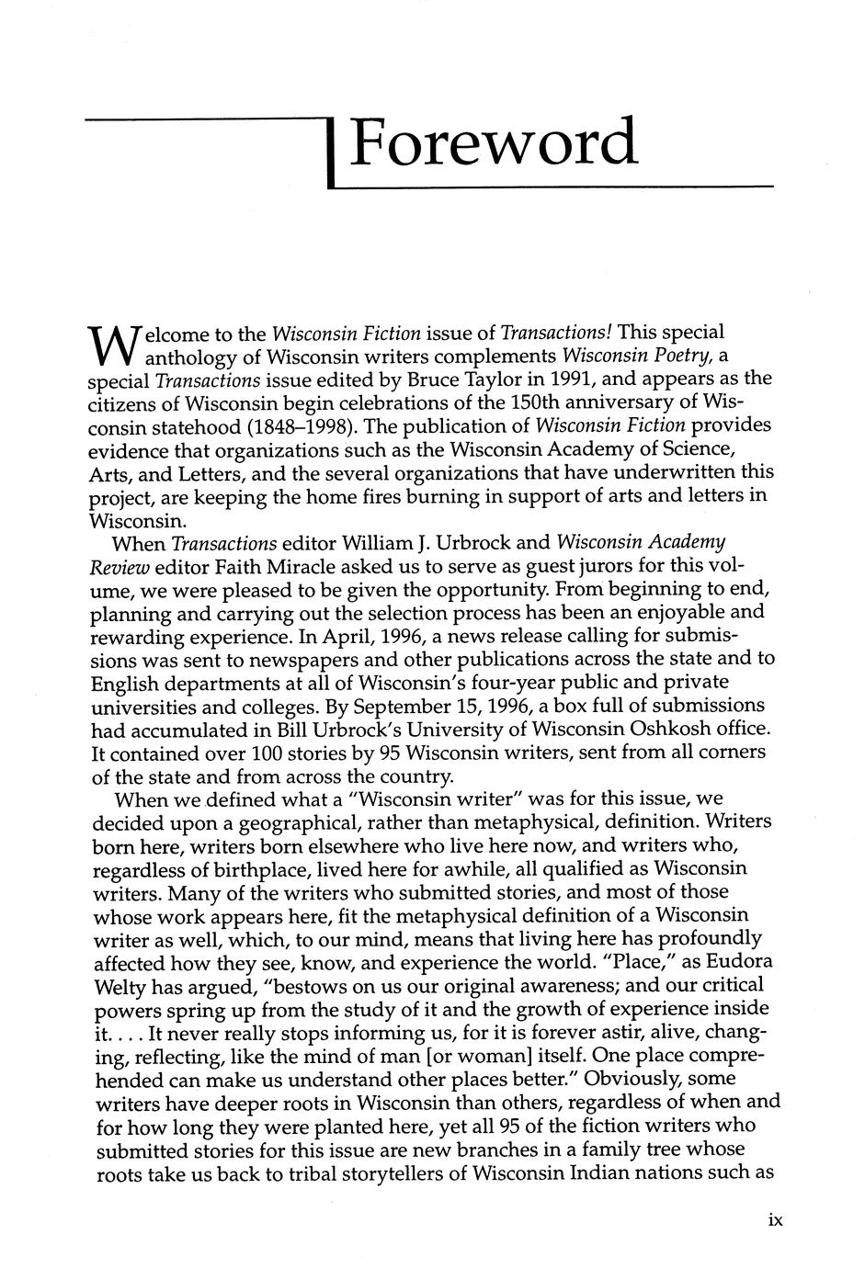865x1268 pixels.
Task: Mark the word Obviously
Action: tap(654, 1079)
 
